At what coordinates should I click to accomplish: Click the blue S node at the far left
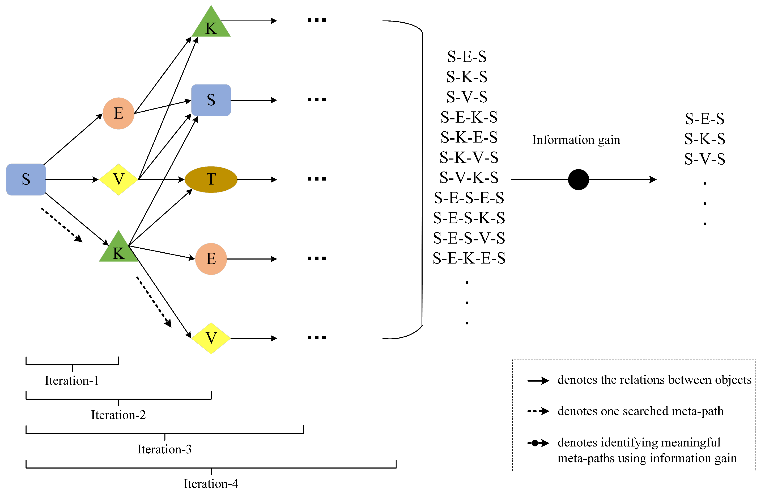tap(26, 179)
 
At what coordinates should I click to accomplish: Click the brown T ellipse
tap(211, 179)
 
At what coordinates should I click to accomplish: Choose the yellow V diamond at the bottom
tap(211, 338)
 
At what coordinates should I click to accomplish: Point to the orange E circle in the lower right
tap(211, 259)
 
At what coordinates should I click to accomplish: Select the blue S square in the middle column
tap(211, 100)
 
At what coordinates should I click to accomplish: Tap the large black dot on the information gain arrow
tap(578, 179)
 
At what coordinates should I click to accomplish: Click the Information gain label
tap(576, 140)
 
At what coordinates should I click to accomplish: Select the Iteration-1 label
tap(72, 381)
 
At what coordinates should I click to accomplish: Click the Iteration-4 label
tap(211, 483)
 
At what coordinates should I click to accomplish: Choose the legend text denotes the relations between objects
tap(654, 380)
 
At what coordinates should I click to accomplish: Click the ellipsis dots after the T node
tap(317, 179)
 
